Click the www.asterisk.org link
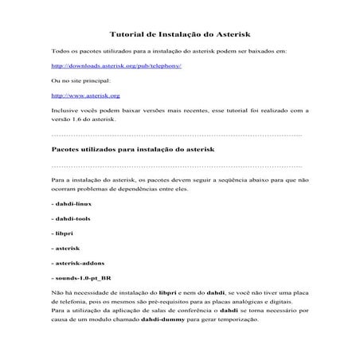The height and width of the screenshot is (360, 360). [80, 96]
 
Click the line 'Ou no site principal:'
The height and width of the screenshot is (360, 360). [80, 80]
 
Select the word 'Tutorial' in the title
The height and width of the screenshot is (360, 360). [125, 34]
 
